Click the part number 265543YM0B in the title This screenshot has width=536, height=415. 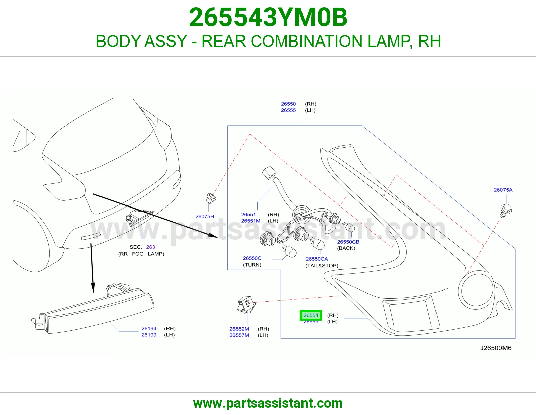point(268,18)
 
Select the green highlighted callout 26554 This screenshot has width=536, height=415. point(311,315)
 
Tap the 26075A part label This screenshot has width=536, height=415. point(503,190)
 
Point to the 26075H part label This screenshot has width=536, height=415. point(205,217)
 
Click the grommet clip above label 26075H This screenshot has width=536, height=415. point(211,198)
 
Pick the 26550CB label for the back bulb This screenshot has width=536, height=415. point(348,242)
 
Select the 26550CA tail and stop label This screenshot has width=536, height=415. point(317,259)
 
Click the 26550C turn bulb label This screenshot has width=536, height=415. point(252,258)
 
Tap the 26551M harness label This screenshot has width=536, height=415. point(251,221)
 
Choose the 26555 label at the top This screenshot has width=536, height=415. point(288,110)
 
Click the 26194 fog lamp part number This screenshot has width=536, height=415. point(149,329)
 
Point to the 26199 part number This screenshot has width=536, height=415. point(149,335)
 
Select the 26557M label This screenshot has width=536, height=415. point(239,335)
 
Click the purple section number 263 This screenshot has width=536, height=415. point(150,247)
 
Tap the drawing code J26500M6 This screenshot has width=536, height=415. point(495,348)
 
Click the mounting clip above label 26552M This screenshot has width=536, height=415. point(247,305)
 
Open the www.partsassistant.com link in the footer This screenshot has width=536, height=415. point(268,403)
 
